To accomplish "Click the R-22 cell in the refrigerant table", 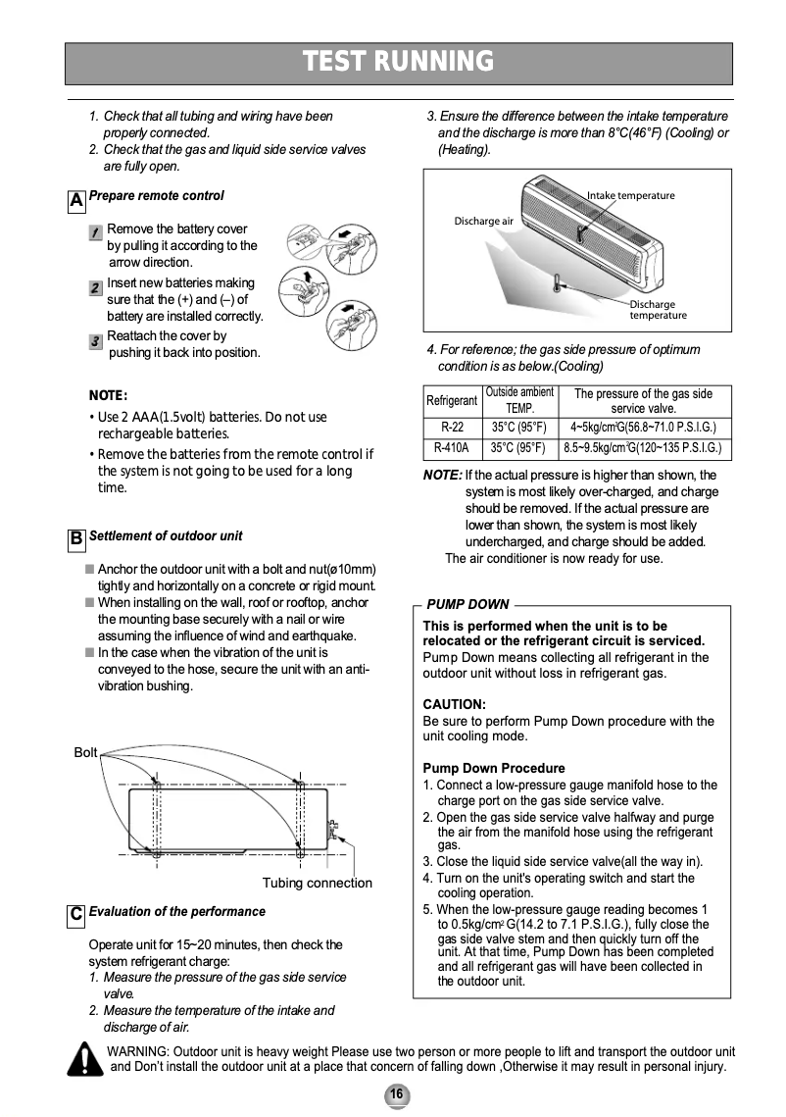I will click(x=452, y=427).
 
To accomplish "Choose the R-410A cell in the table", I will click(x=452, y=448).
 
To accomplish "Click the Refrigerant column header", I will click(x=452, y=401).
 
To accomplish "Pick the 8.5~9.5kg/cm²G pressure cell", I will click(x=642, y=448).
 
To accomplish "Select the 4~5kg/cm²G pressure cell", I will click(x=642, y=427).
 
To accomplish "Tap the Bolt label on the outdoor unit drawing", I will click(x=86, y=752).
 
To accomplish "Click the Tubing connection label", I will click(x=317, y=883).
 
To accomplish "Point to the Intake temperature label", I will click(x=631, y=195).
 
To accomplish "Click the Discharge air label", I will click(x=483, y=221).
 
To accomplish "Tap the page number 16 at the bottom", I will click(x=397, y=1094).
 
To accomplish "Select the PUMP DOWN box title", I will click(x=467, y=604).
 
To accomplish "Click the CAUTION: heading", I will click(x=454, y=704).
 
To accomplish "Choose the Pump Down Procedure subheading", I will click(x=493, y=768).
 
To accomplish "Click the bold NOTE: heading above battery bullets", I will click(x=109, y=395).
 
